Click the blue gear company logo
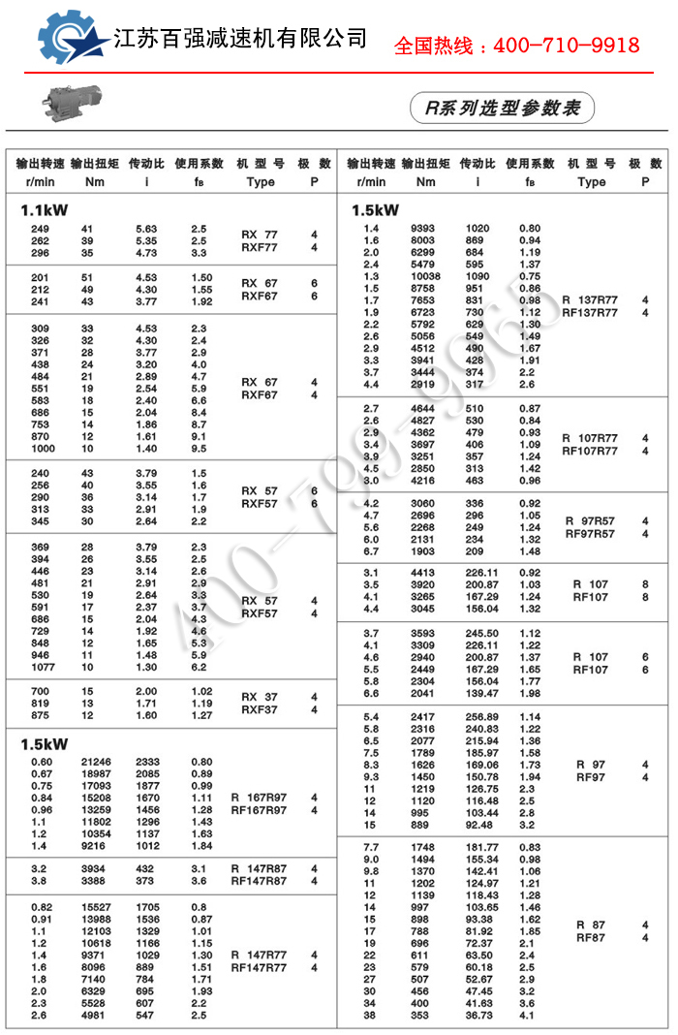point(73,38)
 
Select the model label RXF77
point(259,247)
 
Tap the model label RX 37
point(259,697)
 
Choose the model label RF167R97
point(259,810)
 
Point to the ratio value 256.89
point(481,717)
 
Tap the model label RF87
point(590,937)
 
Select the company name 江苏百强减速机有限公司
point(240,38)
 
